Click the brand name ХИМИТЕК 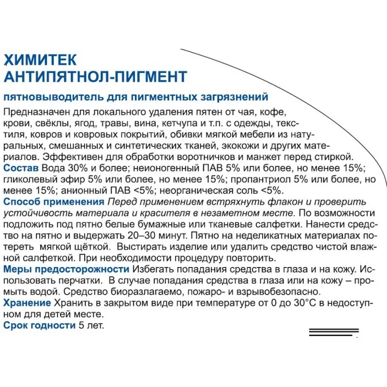(x=40, y=60)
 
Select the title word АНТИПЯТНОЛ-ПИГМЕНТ (x=95, y=77)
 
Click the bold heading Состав (x=21, y=168)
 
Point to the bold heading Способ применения (x=54, y=201)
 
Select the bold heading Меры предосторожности (x=66, y=269)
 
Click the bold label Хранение (x=27, y=303)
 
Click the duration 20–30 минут (x=155, y=235)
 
